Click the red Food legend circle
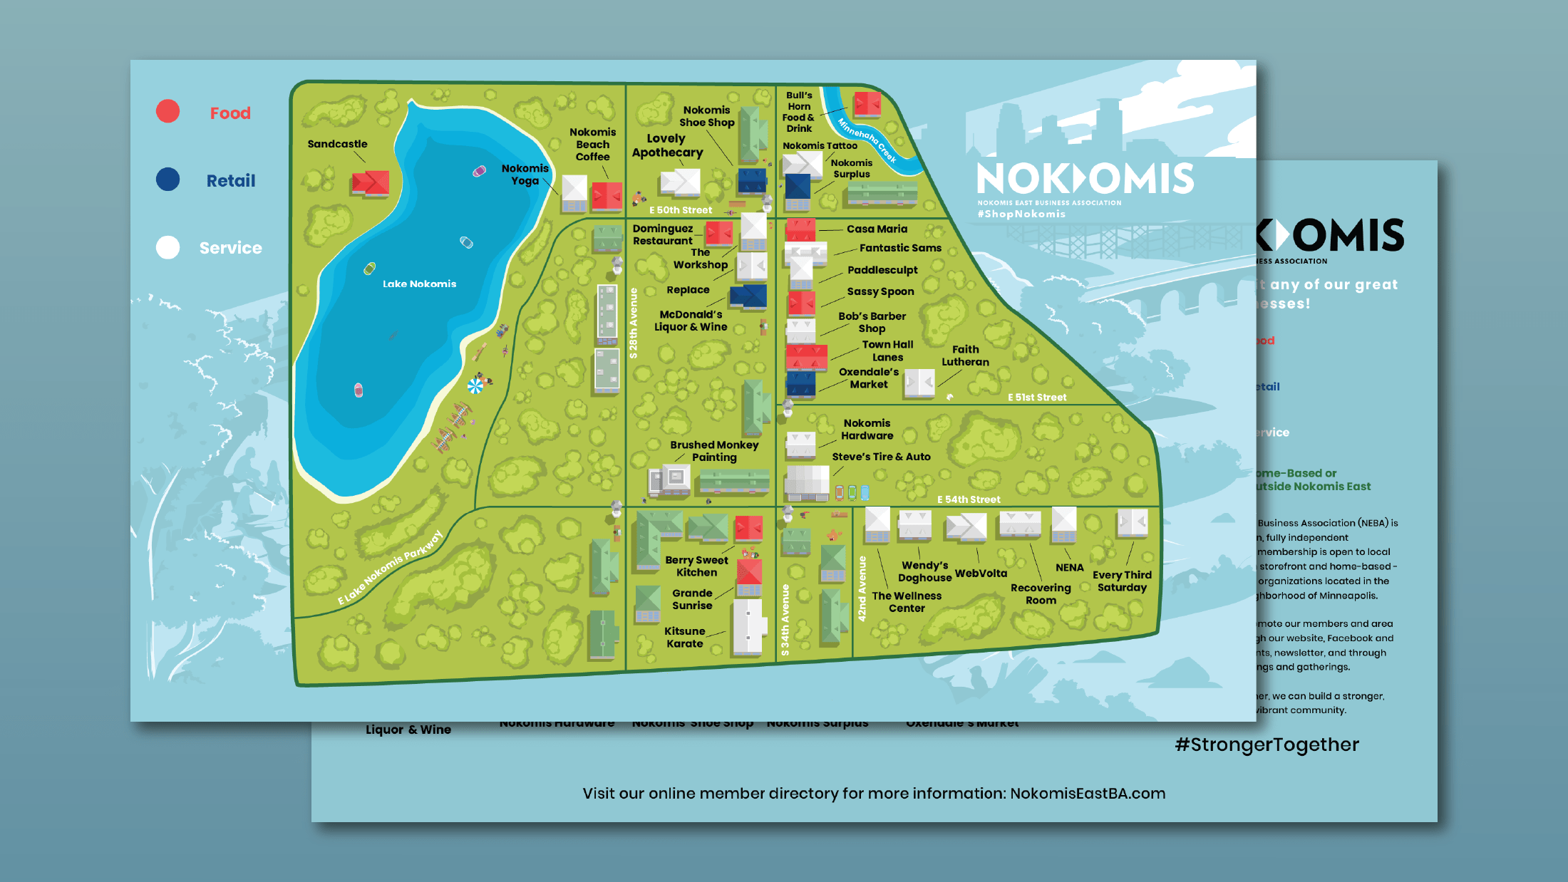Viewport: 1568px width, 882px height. coord(168,112)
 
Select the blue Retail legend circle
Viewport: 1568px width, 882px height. coord(168,180)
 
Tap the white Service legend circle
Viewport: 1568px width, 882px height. coord(168,247)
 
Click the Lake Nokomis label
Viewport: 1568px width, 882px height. coord(419,284)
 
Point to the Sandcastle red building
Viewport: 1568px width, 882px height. coord(370,183)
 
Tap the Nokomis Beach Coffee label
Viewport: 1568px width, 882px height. coord(592,144)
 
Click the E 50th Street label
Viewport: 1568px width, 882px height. coord(680,210)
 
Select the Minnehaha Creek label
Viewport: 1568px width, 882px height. coord(866,140)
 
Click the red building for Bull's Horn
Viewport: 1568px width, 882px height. coord(867,104)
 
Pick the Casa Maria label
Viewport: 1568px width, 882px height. coord(877,229)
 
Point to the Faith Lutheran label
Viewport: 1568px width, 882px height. coord(965,356)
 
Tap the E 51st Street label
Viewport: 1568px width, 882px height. coord(1036,398)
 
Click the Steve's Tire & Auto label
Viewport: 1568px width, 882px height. coord(881,457)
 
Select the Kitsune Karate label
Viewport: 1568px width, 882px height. coord(684,637)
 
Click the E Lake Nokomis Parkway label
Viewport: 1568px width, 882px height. coord(390,568)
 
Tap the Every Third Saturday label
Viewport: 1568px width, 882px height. coord(1122,581)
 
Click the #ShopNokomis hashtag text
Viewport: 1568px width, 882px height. coord(1021,214)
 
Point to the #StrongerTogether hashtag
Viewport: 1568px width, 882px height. coord(1267,744)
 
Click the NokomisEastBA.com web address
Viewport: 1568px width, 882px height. coord(1087,794)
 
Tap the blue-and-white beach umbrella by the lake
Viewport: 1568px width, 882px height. coord(475,385)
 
